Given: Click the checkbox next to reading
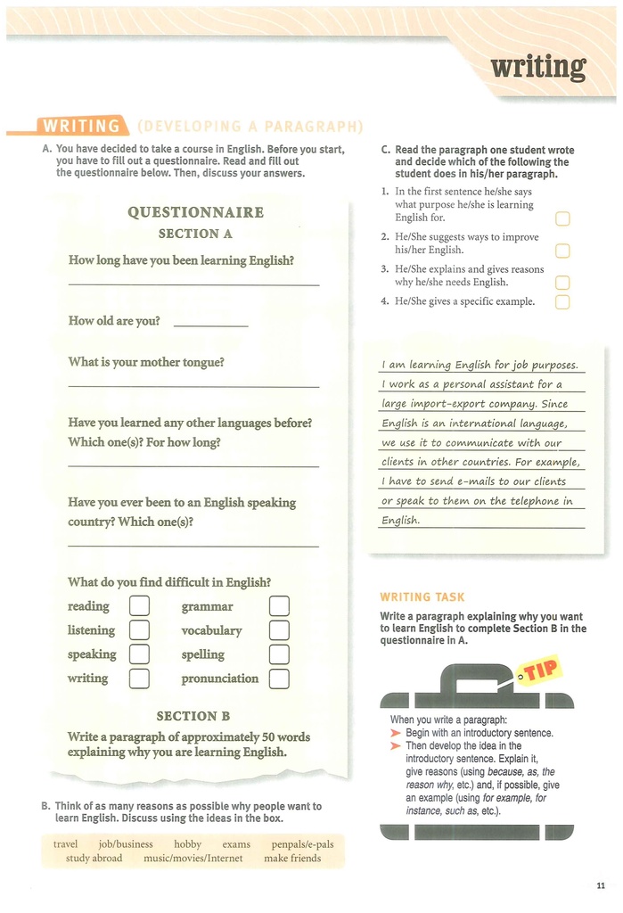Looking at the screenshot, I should (139, 606).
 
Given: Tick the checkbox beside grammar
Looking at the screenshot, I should (279, 606).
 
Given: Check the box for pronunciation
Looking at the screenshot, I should (279, 679).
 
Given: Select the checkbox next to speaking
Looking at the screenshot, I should (139, 654).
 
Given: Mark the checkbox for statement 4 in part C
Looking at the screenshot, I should (562, 302).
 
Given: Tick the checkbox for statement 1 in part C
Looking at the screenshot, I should (562, 219).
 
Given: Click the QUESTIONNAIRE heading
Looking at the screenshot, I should (195, 212).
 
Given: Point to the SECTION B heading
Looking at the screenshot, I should (193, 716).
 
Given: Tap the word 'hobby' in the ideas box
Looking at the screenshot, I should (188, 844).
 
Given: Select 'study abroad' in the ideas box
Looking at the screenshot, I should (94, 859).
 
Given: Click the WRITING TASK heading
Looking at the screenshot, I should (422, 597).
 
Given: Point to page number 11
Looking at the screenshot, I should (600, 884).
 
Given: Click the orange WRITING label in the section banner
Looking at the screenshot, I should (82, 127).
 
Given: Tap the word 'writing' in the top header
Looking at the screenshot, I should (538, 67).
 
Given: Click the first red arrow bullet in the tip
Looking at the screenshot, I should (397, 733).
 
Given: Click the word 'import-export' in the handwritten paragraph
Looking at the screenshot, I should (431, 404).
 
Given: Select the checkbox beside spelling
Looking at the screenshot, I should (279, 654).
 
